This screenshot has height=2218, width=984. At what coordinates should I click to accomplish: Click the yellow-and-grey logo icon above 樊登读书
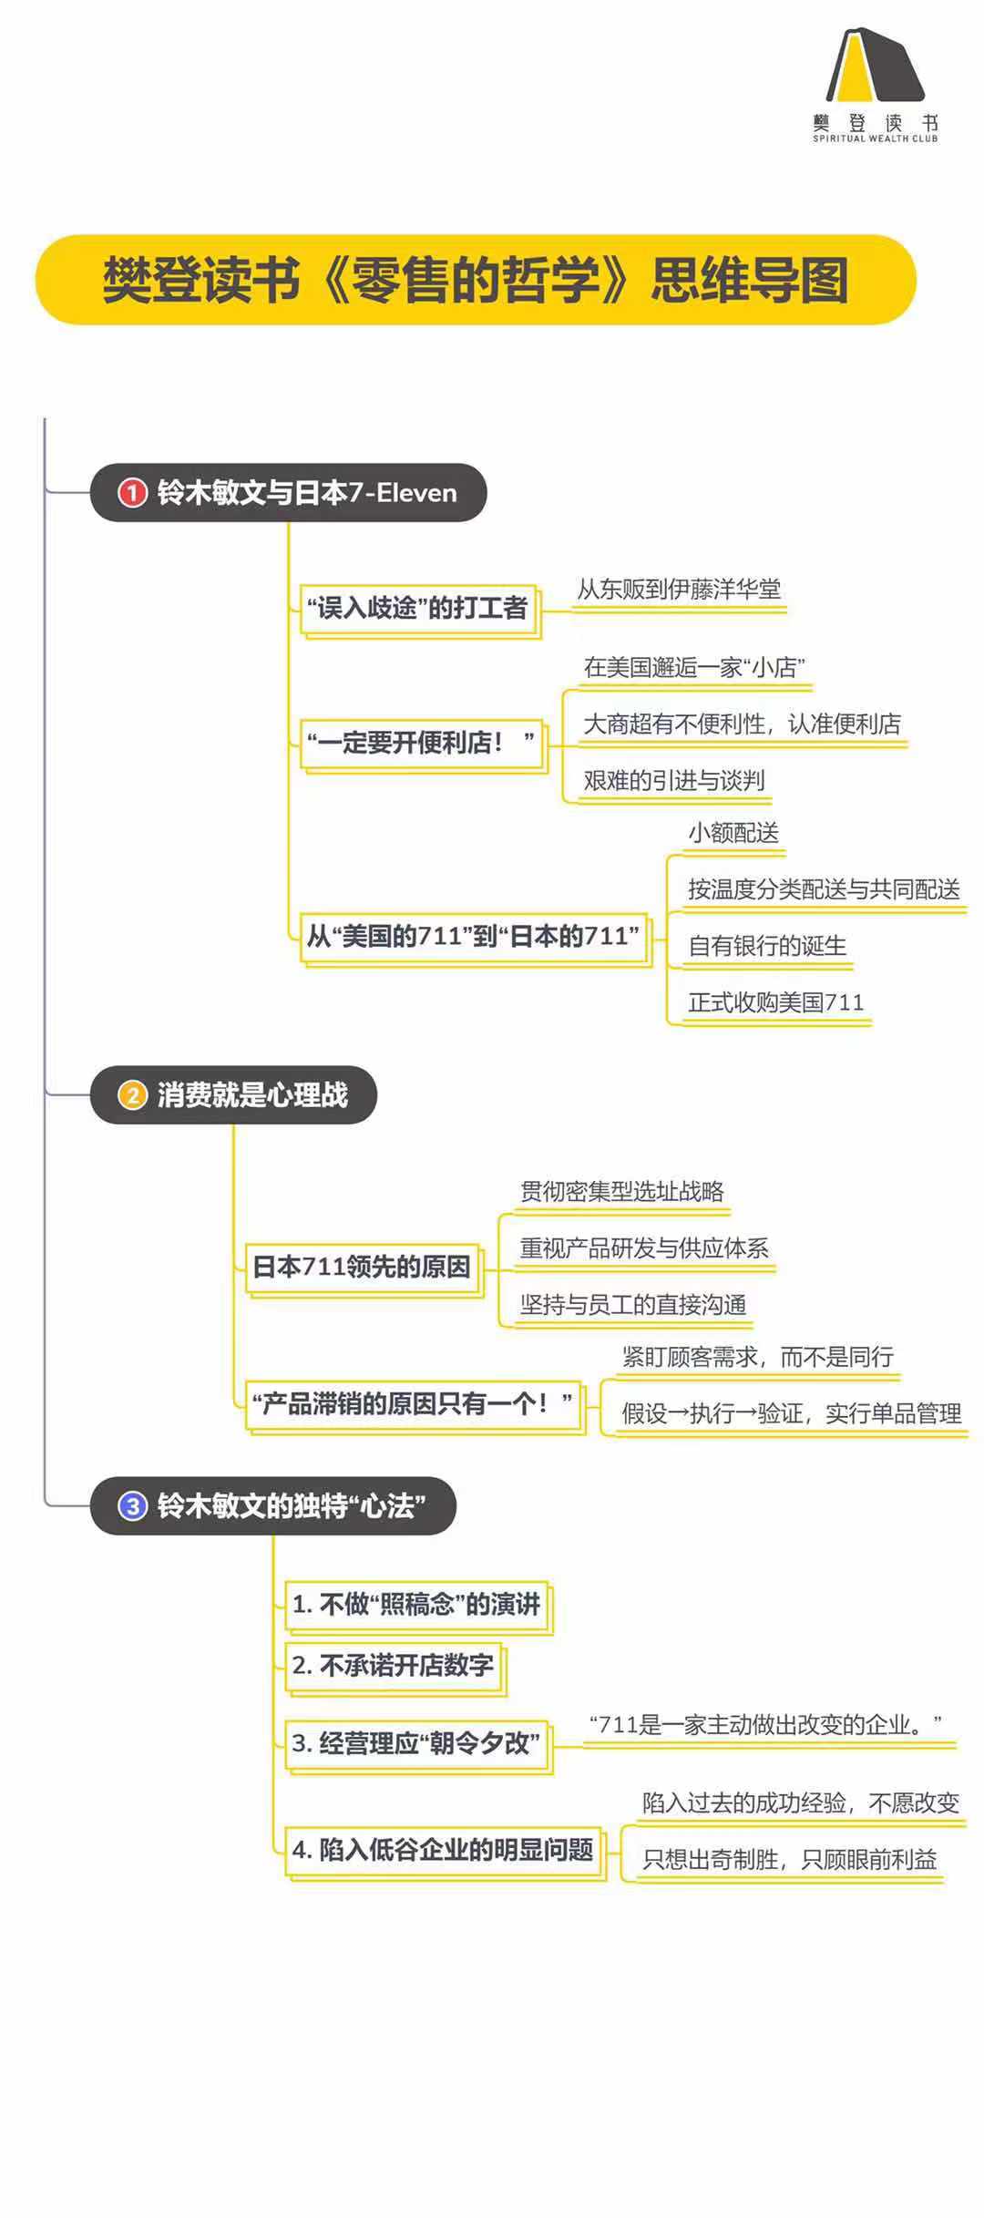875,66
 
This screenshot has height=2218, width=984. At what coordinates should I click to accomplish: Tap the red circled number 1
132,493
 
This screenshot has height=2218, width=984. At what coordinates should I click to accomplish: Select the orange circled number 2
132,1094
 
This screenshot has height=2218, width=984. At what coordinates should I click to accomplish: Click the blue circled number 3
132,1505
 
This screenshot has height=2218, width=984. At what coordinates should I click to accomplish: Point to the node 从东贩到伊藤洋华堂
679,590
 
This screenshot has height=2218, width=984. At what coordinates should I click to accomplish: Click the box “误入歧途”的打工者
418,608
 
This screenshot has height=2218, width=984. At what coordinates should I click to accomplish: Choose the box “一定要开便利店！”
422,743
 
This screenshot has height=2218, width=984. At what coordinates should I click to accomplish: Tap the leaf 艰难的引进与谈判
673,781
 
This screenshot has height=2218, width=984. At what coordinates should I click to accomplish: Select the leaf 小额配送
733,833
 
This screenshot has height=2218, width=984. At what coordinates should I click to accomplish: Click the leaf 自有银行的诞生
767,946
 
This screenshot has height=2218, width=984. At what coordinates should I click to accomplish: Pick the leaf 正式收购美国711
775,1002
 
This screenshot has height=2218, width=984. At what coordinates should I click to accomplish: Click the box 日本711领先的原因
362,1267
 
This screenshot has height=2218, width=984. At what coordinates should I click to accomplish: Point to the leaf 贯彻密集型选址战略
622,1192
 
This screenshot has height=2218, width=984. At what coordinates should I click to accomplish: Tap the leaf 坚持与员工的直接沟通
633,1305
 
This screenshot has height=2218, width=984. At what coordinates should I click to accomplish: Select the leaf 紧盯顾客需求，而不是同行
758,1358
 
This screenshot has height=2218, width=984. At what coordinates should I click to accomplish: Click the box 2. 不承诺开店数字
394,1666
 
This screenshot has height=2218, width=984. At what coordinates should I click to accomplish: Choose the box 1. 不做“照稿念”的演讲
416,1604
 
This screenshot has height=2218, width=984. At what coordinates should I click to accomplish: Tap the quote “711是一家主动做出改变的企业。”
765,1725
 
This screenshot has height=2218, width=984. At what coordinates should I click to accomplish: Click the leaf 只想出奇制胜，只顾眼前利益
789,1860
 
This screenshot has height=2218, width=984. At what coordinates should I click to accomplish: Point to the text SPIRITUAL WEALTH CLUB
875,139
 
